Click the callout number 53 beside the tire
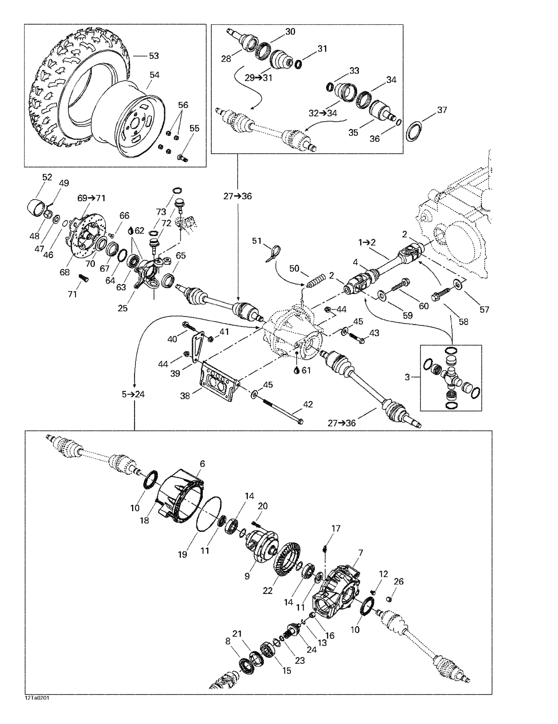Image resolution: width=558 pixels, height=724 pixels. click(154, 56)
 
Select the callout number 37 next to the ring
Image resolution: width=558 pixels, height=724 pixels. click(442, 110)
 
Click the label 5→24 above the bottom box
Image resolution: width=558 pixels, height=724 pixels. click(133, 394)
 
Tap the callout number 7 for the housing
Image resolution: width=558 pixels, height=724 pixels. click(360, 553)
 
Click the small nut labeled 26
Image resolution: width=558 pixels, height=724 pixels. click(388, 599)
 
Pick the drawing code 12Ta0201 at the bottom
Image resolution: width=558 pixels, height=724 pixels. click(37, 698)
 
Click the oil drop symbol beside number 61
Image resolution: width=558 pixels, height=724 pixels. click(296, 370)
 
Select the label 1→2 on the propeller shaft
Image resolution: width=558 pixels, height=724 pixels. click(367, 242)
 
